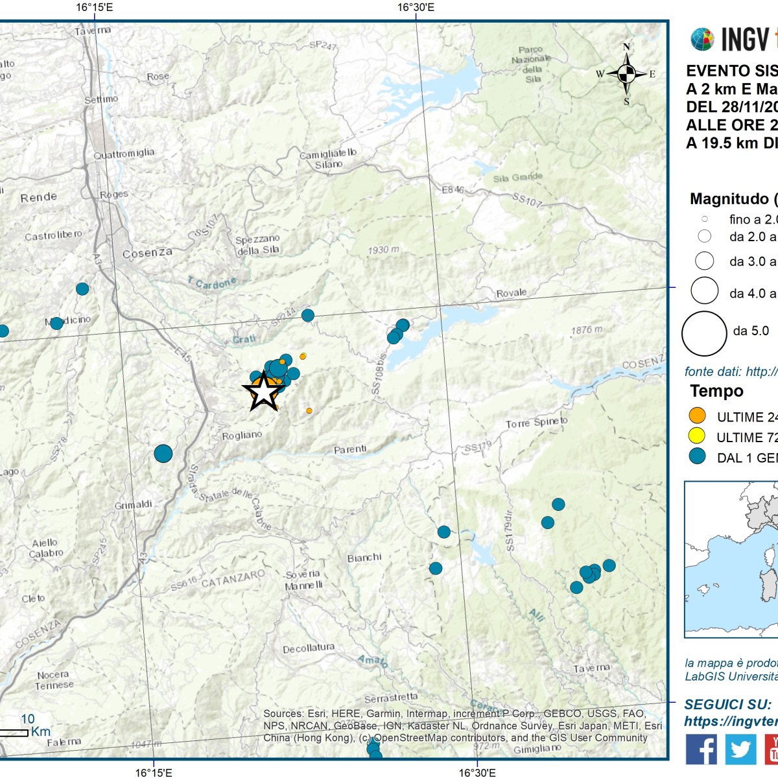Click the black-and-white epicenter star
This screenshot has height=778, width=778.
point(263,392)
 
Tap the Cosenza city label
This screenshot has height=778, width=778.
point(147,252)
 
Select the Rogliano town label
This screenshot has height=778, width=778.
point(242,436)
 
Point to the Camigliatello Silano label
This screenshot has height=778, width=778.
point(328,159)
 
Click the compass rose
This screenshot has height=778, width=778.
point(626,74)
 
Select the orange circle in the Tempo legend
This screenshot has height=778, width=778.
point(697,416)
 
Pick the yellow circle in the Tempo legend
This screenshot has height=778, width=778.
point(697,436)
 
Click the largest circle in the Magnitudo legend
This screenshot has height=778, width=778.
point(704,333)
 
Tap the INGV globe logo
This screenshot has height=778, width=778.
point(702,40)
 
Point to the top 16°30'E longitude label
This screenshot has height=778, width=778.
point(416,8)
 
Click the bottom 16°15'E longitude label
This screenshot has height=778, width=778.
point(154,772)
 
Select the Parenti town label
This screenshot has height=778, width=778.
point(350,449)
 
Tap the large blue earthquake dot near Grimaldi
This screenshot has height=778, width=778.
point(163,453)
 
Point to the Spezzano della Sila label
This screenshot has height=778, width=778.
point(257,244)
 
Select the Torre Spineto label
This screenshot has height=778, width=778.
point(536,423)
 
